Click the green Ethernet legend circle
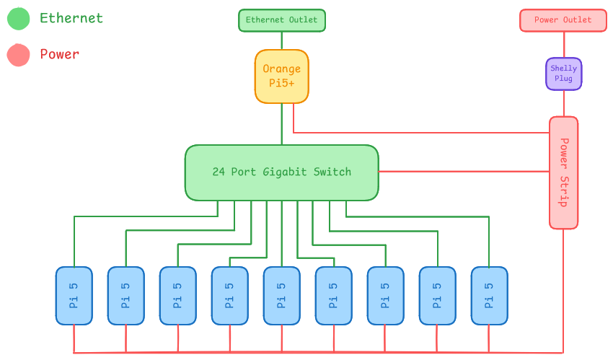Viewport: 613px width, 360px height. pos(18,19)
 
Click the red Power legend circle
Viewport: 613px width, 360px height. pos(18,55)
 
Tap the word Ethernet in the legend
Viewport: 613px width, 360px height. pos(71,19)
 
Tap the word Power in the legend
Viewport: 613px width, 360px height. pos(59,54)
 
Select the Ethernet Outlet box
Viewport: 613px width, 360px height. pos(281,20)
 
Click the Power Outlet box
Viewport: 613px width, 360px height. pos(563,20)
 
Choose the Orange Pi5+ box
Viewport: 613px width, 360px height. pos(281,76)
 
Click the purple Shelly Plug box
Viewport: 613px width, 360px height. pos(563,74)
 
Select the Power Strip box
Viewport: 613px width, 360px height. pos(563,172)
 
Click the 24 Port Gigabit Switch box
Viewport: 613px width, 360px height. pos(281,172)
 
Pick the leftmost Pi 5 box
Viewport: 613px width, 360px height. pos(74,296)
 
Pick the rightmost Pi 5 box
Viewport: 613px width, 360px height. pos(489,296)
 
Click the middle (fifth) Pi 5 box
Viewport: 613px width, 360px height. pos(281,296)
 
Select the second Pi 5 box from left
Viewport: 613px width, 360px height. pos(125,296)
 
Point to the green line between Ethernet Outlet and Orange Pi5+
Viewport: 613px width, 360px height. pos(281,40)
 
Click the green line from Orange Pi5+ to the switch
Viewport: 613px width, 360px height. pos(281,124)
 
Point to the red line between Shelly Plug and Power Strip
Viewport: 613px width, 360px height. pos(563,103)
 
